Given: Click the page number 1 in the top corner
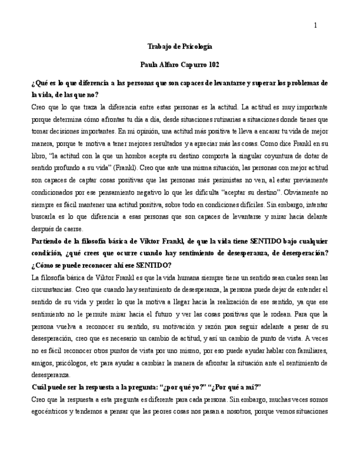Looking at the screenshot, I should tap(316, 26).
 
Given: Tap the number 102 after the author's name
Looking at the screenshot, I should tap(214, 65).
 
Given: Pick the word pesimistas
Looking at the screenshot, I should tap(227, 179).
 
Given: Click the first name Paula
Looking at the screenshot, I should tap(149, 65).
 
